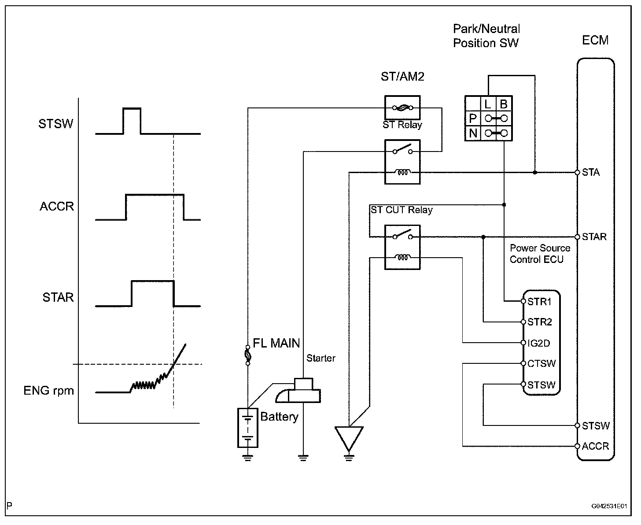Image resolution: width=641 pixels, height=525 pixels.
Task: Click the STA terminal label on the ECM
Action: (x=591, y=172)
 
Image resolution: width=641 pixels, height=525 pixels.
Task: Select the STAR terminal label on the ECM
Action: (x=594, y=237)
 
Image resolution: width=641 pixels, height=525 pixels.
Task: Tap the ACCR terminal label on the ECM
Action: (x=595, y=446)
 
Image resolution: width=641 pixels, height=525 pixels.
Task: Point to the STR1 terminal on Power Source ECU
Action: (x=539, y=302)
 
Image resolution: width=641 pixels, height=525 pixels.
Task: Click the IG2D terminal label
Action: (x=538, y=343)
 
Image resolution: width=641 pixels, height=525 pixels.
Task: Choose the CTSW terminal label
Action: (x=541, y=364)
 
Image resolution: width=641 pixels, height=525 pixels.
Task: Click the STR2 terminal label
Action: (x=539, y=322)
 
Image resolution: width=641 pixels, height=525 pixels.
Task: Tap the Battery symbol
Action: (x=248, y=428)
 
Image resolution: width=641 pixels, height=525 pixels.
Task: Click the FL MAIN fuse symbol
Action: (x=248, y=354)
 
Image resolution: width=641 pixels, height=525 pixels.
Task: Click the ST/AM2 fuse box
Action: (x=402, y=107)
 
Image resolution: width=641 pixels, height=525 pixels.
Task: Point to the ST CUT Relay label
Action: (x=402, y=210)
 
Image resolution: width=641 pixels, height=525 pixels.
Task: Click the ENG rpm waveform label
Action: (x=48, y=391)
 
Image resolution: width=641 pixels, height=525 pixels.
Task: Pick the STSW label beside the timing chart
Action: (x=55, y=124)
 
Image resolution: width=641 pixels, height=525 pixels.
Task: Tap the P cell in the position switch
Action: (x=473, y=118)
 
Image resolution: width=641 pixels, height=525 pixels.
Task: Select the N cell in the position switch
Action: (x=473, y=133)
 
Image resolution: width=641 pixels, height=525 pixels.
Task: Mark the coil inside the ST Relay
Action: (x=402, y=172)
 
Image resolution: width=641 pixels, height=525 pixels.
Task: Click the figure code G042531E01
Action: (x=609, y=507)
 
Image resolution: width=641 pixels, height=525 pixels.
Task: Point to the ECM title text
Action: (x=595, y=41)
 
